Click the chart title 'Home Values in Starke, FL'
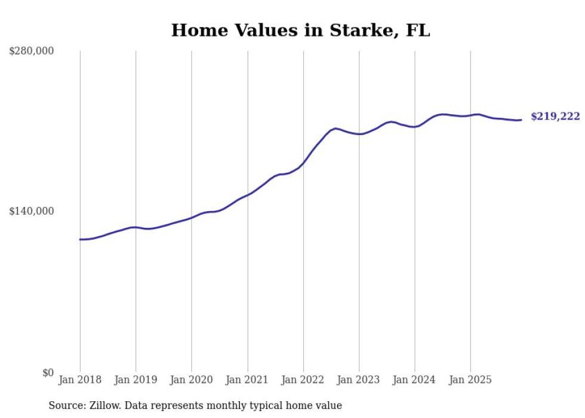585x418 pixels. point(300,30)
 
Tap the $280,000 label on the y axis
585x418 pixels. point(32,51)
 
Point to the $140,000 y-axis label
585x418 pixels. point(32,211)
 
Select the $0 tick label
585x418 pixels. point(48,373)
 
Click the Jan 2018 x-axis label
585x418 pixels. point(80,380)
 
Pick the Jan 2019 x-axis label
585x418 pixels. point(136,380)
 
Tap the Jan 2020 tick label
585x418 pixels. point(192,380)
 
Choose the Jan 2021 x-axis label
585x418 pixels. point(247,380)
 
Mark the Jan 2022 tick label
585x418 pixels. point(303,380)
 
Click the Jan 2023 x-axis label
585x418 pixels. point(359,380)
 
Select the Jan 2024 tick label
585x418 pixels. point(415,380)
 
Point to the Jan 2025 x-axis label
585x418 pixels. point(470,380)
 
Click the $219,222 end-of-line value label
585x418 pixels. point(555,117)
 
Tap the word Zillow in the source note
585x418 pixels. point(102,405)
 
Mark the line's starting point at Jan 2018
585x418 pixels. point(80,239)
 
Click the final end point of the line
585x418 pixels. point(522,120)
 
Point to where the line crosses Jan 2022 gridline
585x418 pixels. point(303,162)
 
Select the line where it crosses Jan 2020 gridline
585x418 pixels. point(192,218)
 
